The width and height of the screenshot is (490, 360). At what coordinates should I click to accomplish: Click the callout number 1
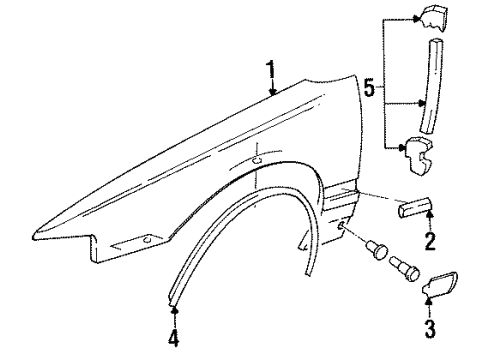(270, 69)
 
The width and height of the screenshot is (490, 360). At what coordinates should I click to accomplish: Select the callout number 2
(429, 241)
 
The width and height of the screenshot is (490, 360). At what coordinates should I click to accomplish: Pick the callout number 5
(369, 90)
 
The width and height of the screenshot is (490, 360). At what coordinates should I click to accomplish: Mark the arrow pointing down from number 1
(271, 90)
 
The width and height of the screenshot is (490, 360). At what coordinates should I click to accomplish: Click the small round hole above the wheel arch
(258, 159)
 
